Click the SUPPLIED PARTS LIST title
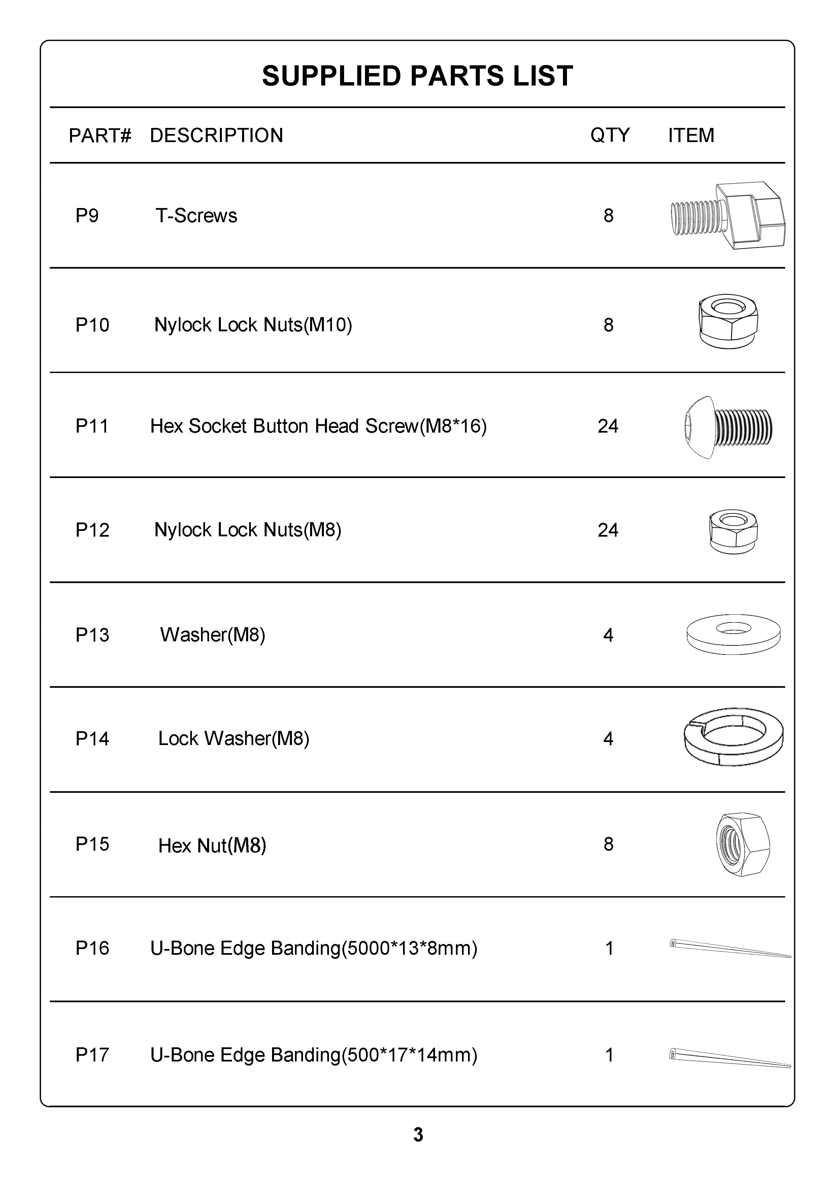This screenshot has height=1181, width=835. (x=417, y=76)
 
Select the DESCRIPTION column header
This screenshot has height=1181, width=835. (x=216, y=136)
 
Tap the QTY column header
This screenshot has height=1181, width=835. (x=610, y=135)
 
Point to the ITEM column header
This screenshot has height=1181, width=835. (x=691, y=135)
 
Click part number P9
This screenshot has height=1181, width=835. (x=87, y=215)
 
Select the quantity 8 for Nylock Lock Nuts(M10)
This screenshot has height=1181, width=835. (x=608, y=325)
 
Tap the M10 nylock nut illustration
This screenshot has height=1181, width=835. (x=728, y=321)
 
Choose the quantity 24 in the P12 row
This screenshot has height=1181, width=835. (x=608, y=530)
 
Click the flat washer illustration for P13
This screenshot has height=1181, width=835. (x=733, y=634)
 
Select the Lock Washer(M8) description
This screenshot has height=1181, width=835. (x=234, y=739)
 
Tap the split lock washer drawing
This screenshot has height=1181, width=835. (x=733, y=737)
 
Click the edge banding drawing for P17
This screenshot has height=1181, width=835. (x=730, y=1058)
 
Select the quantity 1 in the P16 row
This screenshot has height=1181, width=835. (x=609, y=948)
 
